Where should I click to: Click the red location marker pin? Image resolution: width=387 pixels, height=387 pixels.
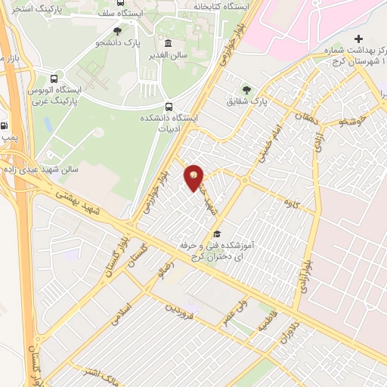194,178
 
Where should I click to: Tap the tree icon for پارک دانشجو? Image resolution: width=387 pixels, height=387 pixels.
116,32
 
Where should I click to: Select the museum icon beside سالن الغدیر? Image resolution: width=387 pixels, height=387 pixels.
167,43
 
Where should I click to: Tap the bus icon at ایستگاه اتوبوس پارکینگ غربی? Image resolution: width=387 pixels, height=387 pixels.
54,79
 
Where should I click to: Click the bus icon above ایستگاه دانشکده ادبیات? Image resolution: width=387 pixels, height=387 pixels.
168,107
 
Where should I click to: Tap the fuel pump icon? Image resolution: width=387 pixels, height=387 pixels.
6,126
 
